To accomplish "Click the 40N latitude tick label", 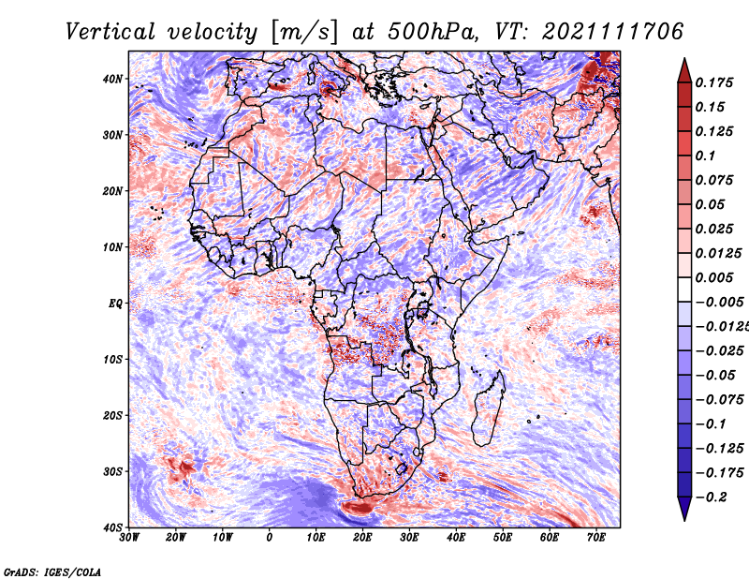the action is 112,79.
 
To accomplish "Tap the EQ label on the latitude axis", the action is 115,304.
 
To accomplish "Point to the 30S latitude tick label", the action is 112,472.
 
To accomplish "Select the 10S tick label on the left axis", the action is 112,360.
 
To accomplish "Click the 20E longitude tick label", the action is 362,538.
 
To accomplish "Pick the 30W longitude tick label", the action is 129,538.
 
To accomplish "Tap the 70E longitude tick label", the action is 596,538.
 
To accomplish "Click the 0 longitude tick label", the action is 270,538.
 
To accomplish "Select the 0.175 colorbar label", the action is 714,82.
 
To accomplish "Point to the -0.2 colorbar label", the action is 712,497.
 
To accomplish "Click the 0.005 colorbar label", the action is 714,277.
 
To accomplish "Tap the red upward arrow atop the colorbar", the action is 684,71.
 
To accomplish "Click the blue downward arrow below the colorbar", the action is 684,509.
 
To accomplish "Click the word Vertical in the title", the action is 110,32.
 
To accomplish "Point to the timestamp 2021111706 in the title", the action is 613,32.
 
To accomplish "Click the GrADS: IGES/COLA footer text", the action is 52,572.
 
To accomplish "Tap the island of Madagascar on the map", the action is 488,409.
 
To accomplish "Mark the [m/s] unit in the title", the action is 304,33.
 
